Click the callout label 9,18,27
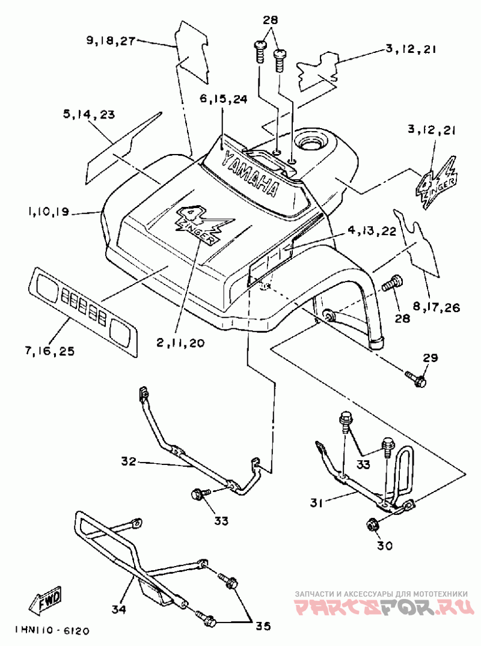pyautogui.click(x=111, y=41)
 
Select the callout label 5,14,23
pyautogui.click(x=89, y=114)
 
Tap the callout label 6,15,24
pyautogui.click(x=222, y=100)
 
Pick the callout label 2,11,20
pyautogui.click(x=180, y=343)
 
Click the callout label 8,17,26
pyautogui.click(x=437, y=308)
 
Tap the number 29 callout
pyautogui.click(x=430, y=358)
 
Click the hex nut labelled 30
pyautogui.click(x=372, y=524)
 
